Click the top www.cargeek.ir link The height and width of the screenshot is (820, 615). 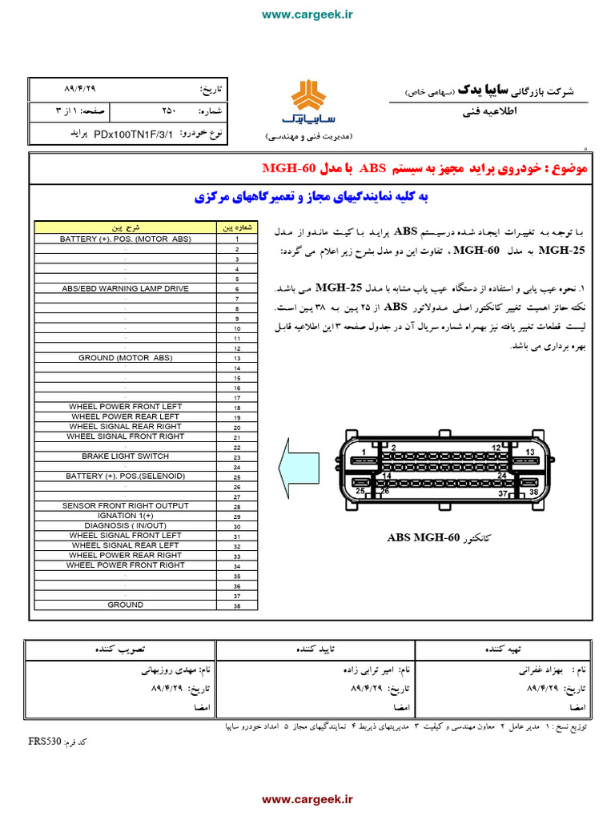[x=307, y=14]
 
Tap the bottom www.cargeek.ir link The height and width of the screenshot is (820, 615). [x=307, y=798]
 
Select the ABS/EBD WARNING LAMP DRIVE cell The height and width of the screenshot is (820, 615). [x=126, y=288]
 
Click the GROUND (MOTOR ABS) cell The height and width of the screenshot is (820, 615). [x=126, y=358]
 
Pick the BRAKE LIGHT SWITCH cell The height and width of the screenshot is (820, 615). [x=126, y=456]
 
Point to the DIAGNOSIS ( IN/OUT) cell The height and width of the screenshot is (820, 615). [x=126, y=526]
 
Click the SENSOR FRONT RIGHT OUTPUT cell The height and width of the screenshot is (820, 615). [x=126, y=506]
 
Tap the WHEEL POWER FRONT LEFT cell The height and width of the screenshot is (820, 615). [x=126, y=407]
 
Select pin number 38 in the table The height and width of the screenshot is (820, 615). [x=237, y=606]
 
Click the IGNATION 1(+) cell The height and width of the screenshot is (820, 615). [x=126, y=516]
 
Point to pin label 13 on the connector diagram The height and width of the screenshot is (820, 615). [x=529, y=452]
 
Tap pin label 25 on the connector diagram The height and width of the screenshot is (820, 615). [x=360, y=491]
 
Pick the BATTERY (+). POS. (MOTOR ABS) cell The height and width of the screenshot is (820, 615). [x=126, y=239]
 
